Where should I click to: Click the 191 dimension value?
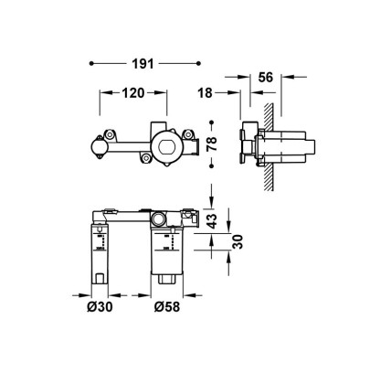pyautogui.click(x=143, y=64)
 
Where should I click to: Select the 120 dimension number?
pyautogui.click(x=133, y=93)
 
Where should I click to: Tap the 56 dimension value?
pyautogui.click(x=266, y=78)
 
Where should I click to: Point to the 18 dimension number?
pyautogui.click(x=205, y=93)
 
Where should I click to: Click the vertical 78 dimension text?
pyautogui.click(x=212, y=144)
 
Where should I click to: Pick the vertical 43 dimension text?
pyautogui.click(x=212, y=221)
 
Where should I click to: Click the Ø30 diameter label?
pyautogui.click(x=100, y=306)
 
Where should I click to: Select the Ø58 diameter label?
pyautogui.click(x=167, y=306)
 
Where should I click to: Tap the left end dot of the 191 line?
pyautogui.click(x=91, y=63)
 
